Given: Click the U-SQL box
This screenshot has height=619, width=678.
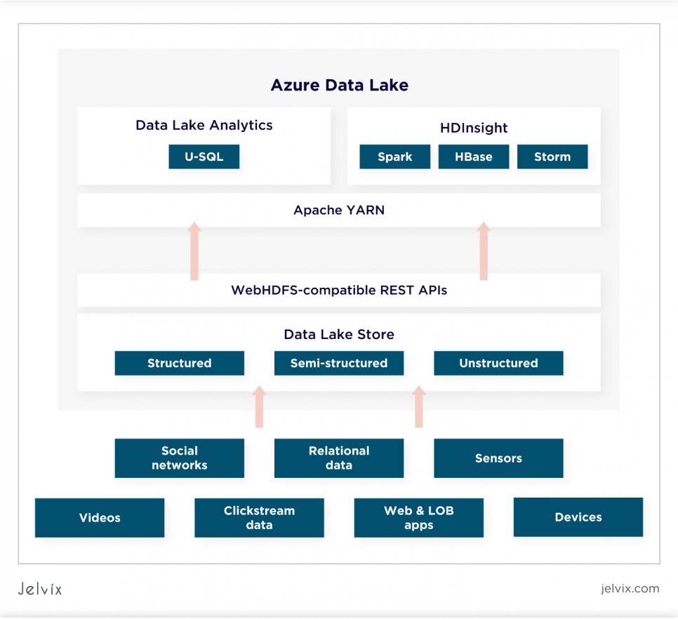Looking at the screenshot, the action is [204, 157].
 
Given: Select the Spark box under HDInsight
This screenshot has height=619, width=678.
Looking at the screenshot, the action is [394, 157].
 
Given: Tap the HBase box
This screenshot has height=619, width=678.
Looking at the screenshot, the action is [474, 157].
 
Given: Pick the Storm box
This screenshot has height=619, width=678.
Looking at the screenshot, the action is [552, 157].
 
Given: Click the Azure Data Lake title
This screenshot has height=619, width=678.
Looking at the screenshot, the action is [340, 85].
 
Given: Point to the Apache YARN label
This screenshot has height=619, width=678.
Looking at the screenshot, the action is [339, 210].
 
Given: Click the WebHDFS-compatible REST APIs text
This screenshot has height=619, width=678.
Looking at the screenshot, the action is [339, 290].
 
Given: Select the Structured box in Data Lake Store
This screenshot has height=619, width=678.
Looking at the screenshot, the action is [180, 363].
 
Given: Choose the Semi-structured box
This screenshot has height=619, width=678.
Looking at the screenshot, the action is [339, 363].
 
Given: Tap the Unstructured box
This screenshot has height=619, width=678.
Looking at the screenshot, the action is [498, 363].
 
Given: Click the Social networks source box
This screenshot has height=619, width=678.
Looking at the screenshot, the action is [180, 458].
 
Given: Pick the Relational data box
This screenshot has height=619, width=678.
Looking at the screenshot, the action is [339, 458].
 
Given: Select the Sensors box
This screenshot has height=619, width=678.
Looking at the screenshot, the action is [498, 458].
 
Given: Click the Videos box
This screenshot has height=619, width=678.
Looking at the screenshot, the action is [100, 518].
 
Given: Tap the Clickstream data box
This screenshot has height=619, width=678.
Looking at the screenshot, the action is [259, 518].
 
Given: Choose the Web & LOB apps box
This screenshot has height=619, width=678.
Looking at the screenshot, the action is [418, 518].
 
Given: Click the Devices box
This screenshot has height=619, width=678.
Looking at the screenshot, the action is [578, 517].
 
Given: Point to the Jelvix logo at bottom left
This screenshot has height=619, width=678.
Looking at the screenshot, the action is [40, 589].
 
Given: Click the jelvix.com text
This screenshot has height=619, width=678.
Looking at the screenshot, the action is [630, 589].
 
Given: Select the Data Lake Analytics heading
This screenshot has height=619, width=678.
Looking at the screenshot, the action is [204, 126].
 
